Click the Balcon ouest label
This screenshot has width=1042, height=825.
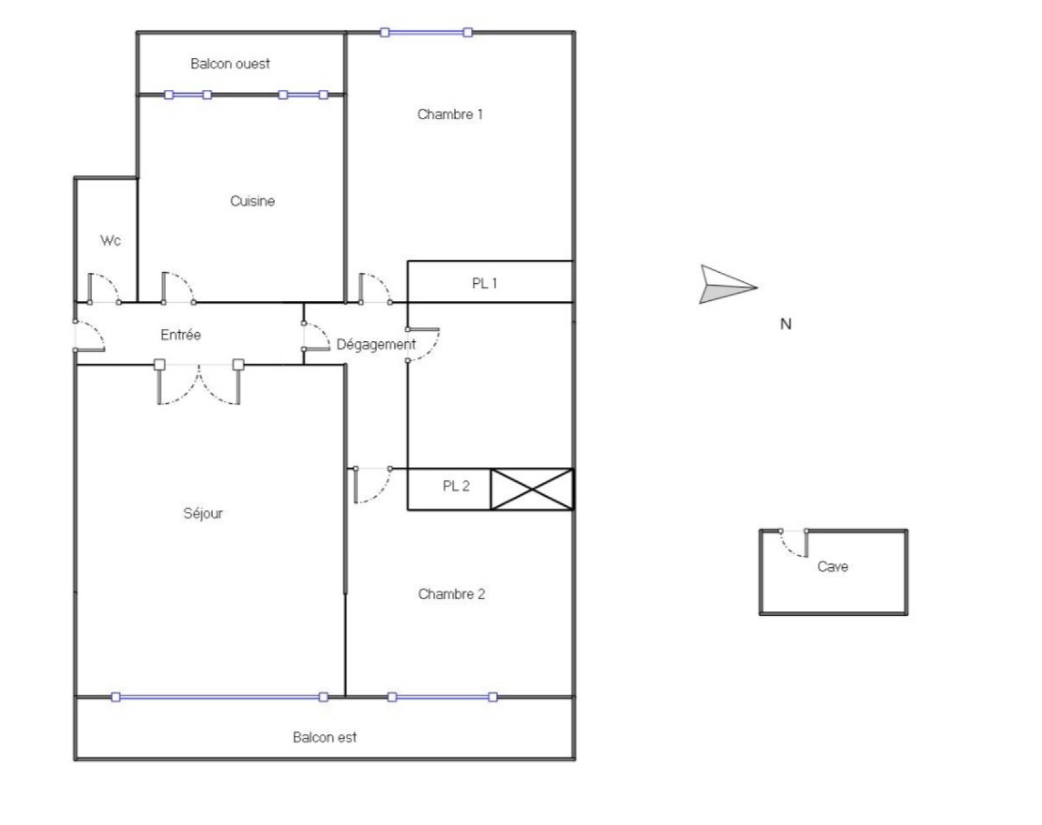tap(230, 63)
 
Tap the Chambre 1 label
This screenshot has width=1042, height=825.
tap(450, 114)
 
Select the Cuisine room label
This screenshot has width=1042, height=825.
tap(252, 201)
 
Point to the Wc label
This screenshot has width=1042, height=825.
tap(111, 240)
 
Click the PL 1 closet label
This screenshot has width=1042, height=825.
tap(484, 283)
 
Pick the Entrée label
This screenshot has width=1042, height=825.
tap(180, 335)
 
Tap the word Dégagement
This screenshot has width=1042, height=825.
tap(376, 344)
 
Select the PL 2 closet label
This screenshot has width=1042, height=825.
tap(456, 486)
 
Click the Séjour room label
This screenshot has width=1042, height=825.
tap(203, 513)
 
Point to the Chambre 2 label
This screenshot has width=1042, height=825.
tap(451, 594)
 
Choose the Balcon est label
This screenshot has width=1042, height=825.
tap(324, 737)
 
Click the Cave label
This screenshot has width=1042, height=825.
tap(832, 566)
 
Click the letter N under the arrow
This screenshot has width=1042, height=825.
tap(785, 324)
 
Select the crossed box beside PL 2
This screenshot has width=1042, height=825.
tap(532, 489)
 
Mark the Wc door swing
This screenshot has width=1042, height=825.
tap(104, 288)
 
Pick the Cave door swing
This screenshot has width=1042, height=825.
tap(794, 544)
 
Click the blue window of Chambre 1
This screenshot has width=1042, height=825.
tap(426, 33)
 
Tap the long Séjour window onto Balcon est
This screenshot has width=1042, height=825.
tap(220, 697)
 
